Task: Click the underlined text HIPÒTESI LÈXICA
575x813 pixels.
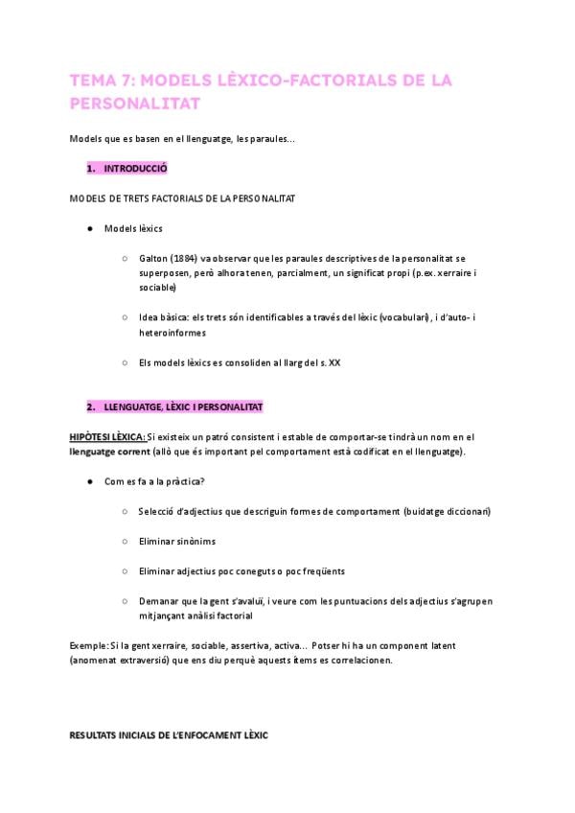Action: (x=107, y=437)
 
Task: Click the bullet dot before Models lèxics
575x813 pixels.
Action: (x=88, y=229)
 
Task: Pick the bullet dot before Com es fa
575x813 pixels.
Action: (x=88, y=481)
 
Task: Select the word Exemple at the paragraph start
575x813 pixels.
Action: (x=88, y=646)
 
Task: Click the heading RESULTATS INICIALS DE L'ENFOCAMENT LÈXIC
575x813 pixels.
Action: (x=169, y=735)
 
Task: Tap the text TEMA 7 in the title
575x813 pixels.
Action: (x=102, y=81)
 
